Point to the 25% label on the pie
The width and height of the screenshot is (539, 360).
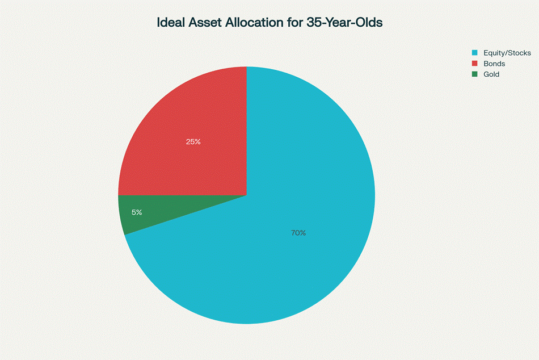point(193,141)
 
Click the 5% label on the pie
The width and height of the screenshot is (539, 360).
point(137,212)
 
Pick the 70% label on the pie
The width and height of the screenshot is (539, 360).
point(298,233)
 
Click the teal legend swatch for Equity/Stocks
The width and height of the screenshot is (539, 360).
point(475,53)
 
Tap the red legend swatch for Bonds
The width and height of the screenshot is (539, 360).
point(475,64)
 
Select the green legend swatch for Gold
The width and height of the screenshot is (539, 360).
point(475,74)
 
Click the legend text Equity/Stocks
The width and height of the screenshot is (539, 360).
point(507,53)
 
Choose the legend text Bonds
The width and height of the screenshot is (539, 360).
point(494,64)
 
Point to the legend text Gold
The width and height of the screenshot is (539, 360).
point(491,74)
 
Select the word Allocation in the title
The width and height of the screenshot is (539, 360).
point(254,22)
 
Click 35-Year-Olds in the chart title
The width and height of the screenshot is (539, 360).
point(344,22)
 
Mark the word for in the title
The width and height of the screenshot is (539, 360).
point(294,22)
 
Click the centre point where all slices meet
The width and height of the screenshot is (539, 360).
point(247,195)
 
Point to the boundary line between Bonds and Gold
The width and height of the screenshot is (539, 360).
point(183,195)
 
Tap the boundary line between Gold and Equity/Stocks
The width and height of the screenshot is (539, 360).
point(186,215)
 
